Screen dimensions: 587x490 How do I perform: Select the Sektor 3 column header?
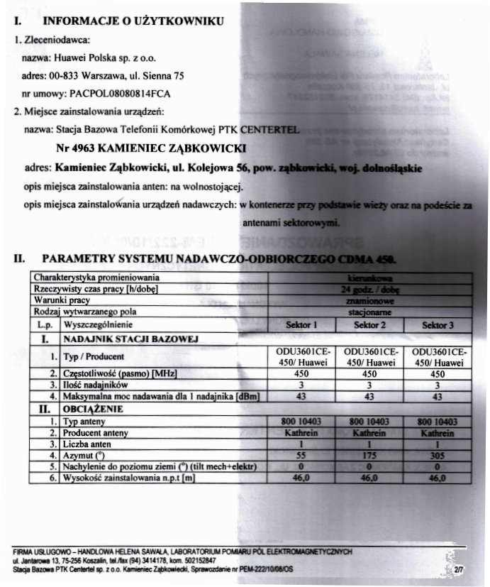pyautogui.click(x=438, y=324)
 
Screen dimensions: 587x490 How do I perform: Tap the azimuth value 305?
pyautogui.click(x=438, y=455)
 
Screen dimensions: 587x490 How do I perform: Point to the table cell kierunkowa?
pyautogui.click(x=369, y=278)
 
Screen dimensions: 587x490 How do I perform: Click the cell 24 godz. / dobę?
pyautogui.click(x=369, y=289)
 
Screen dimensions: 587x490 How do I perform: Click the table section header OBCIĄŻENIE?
pyautogui.click(x=93, y=409)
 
